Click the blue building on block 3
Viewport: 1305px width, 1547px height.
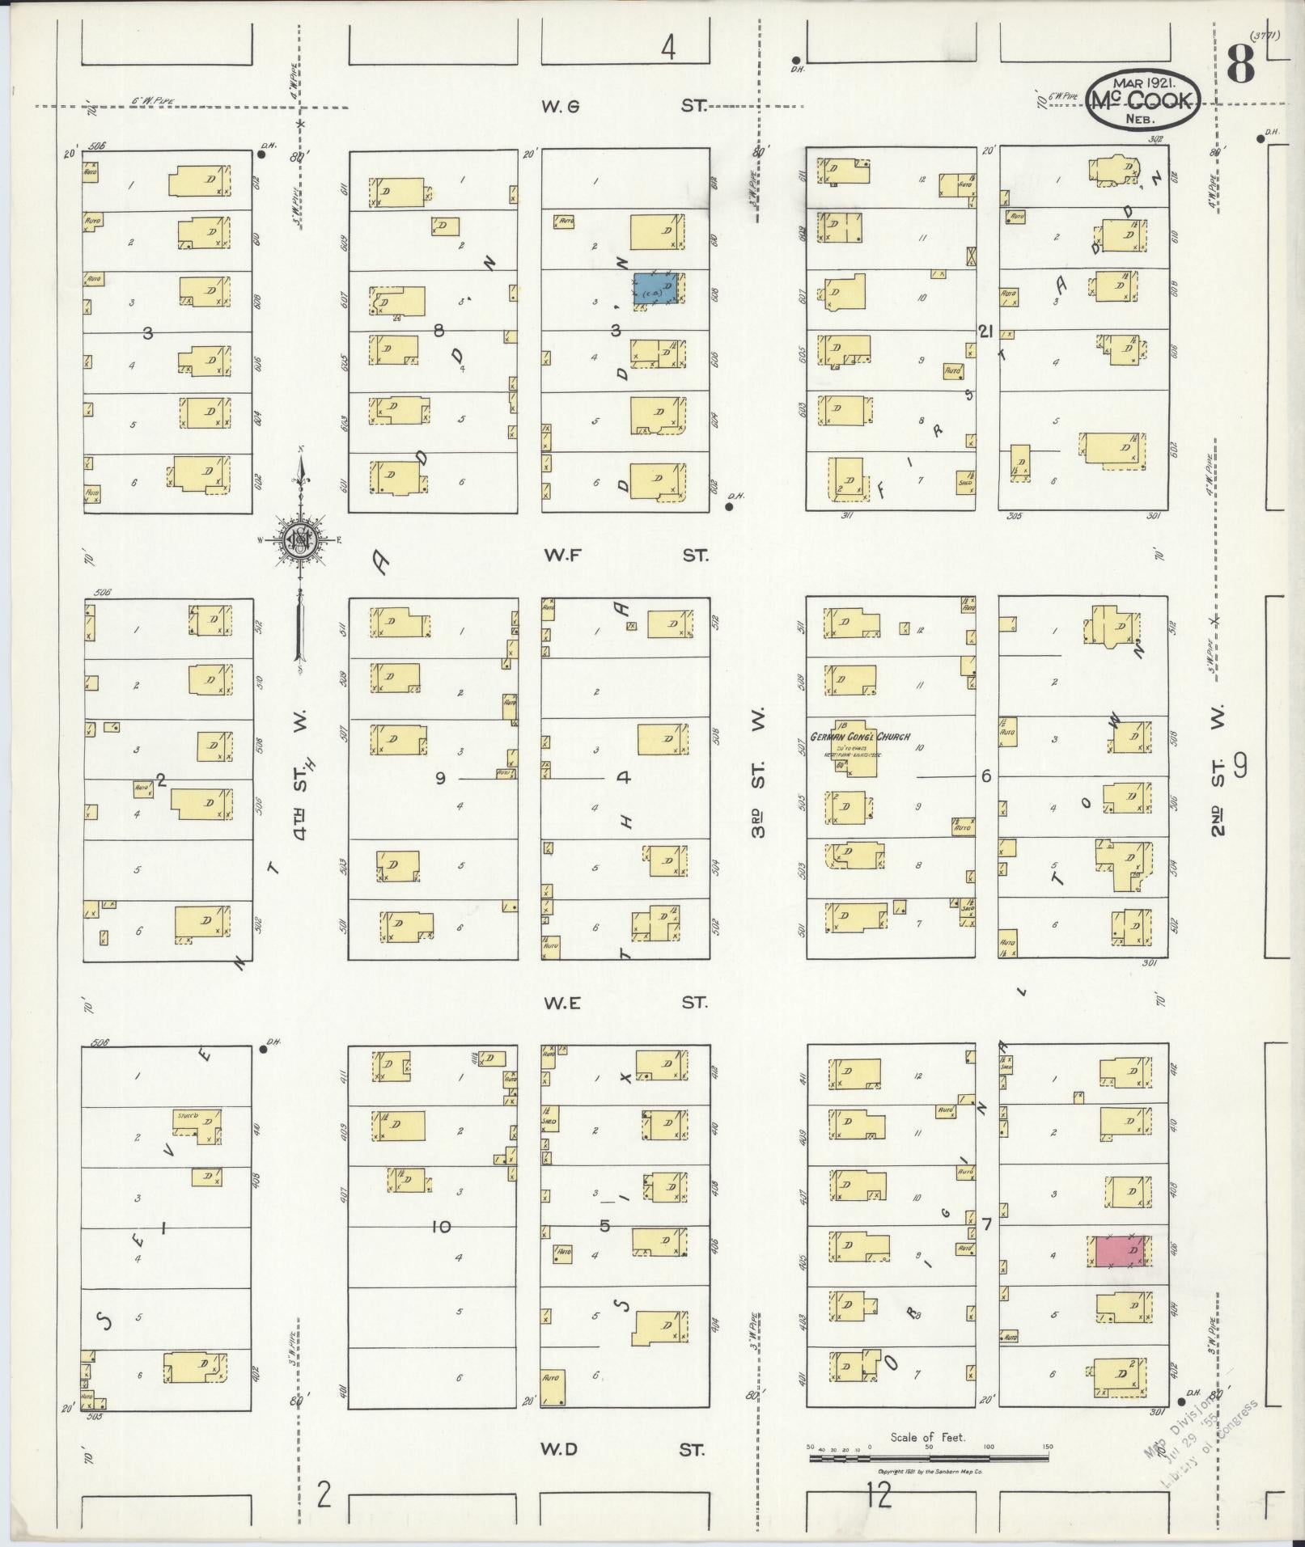click(x=657, y=289)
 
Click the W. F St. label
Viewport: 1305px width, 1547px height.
click(x=625, y=556)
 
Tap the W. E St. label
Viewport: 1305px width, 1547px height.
click(x=625, y=1003)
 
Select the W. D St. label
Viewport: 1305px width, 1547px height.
click(x=622, y=1449)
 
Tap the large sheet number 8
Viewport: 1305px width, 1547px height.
click(x=1240, y=65)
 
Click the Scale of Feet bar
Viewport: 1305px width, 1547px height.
click(x=929, y=1458)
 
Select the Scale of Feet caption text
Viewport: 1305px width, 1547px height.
click(x=928, y=1437)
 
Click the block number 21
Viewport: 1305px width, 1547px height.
click(x=985, y=331)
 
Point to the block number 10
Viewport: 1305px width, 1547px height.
click(x=440, y=1227)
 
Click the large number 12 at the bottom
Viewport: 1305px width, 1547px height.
click(x=878, y=1496)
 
